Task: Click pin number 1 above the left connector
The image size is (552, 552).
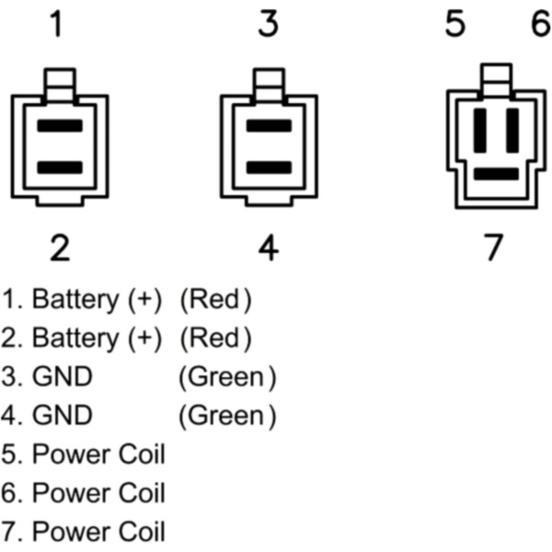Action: click(57, 26)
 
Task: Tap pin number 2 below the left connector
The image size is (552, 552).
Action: click(60, 247)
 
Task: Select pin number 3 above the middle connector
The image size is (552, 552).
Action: click(268, 26)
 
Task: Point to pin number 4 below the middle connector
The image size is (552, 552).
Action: click(268, 247)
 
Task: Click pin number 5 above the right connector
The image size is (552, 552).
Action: click(455, 26)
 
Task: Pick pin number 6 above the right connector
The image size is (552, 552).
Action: click(540, 26)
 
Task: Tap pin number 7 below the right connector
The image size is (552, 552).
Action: click(494, 247)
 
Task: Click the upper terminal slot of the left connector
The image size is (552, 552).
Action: click(60, 125)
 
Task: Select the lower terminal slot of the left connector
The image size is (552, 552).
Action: click(60, 167)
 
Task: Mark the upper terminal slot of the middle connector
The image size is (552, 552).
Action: click(269, 125)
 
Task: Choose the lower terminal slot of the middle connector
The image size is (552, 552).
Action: click(269, 167)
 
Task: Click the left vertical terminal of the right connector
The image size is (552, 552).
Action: click(479, 130)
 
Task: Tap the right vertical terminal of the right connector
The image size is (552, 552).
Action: click(512, 130)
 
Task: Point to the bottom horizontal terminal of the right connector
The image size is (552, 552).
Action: click(496, 172)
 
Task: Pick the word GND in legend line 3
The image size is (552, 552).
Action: click(62, 377)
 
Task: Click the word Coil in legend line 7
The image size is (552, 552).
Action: click(140, 532)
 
